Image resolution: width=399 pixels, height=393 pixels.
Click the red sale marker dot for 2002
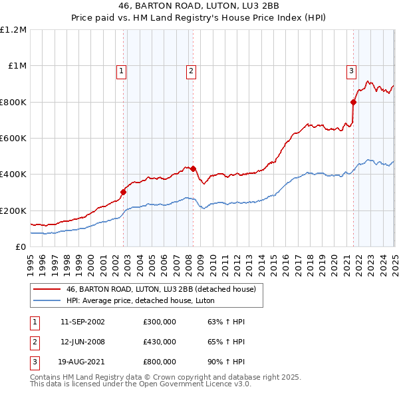[x=124, y=192]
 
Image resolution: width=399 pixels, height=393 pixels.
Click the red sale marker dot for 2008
[x=193, y=169]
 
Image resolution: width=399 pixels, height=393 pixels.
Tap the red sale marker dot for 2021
[x=353, y=102]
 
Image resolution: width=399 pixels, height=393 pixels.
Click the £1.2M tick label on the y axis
[x=13, y=30]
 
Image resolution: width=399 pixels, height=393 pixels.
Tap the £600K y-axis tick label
[x=13, y=139]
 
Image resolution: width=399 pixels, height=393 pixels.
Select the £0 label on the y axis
[x=21, y=247]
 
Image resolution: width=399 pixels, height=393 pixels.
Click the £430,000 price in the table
[x=160, y=342]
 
